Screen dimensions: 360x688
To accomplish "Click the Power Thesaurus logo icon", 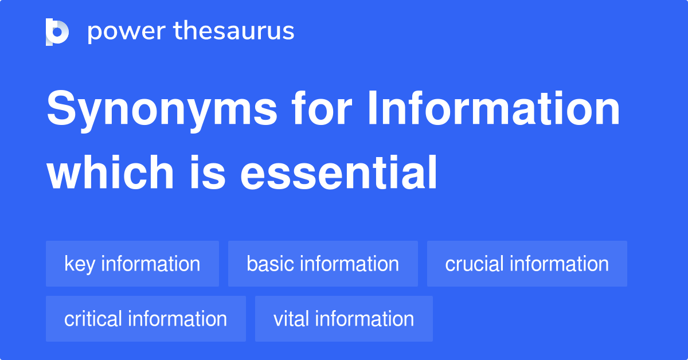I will [x=57, y=32].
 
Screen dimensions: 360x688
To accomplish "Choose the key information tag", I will [x=132, y=264].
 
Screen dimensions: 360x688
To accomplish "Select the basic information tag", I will [x=323, y=264].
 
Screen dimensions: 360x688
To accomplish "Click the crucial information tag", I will [x=527, y=264].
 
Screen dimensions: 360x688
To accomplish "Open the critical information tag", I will [x=146, y=319].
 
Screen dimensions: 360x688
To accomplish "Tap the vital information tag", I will [x=343, y=319].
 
